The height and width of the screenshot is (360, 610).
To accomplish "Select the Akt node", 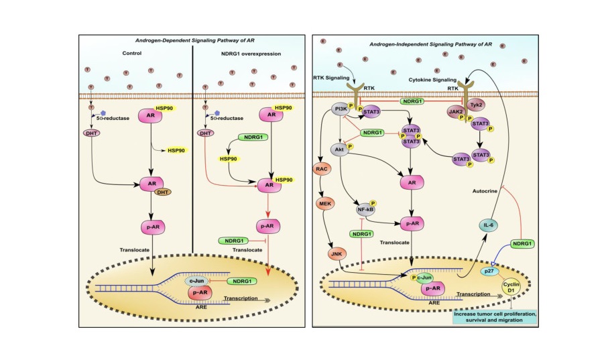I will (x=341, y=150).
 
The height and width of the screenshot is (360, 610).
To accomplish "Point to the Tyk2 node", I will (x=477, y=105).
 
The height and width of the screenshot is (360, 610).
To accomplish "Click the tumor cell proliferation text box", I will (x=497, y=315).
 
